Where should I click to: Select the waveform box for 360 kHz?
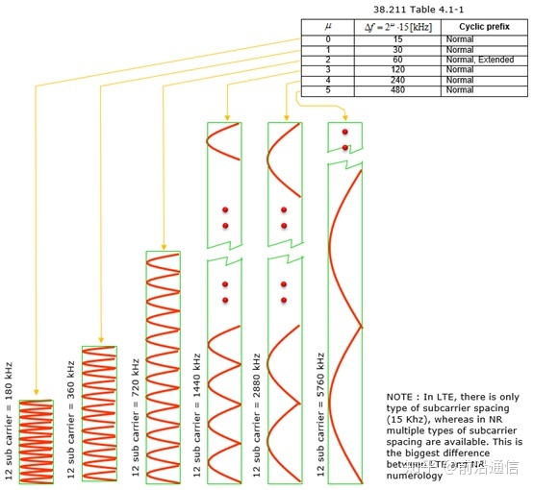98,414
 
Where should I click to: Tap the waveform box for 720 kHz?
163,367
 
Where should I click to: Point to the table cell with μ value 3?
327,70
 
